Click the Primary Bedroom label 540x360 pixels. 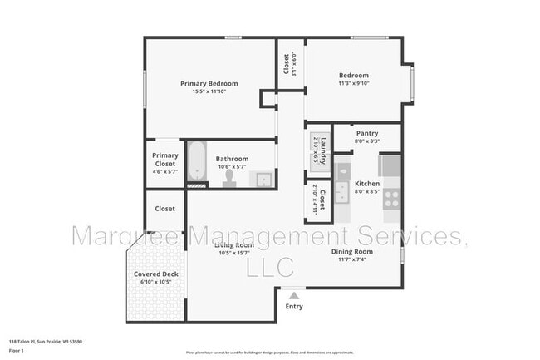[x=209, y=83]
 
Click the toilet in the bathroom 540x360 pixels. [x=228, y=178]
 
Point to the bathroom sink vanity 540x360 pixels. [x=263, y=178]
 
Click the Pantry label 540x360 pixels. [x=367, y=133]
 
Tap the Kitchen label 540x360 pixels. [x=367, y=183]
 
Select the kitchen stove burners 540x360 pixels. [x=391, y=198]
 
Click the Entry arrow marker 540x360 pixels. [x=292, y=293]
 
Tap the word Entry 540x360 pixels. [x=293, y=306]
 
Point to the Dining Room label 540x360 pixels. [x=352, y=251]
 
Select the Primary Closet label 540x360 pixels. [x=164, y=159]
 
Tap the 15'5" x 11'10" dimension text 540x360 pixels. [x=209, y=91]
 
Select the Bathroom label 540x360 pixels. [x=232, y=158]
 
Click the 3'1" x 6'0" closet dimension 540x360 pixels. [x=294, y=63]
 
